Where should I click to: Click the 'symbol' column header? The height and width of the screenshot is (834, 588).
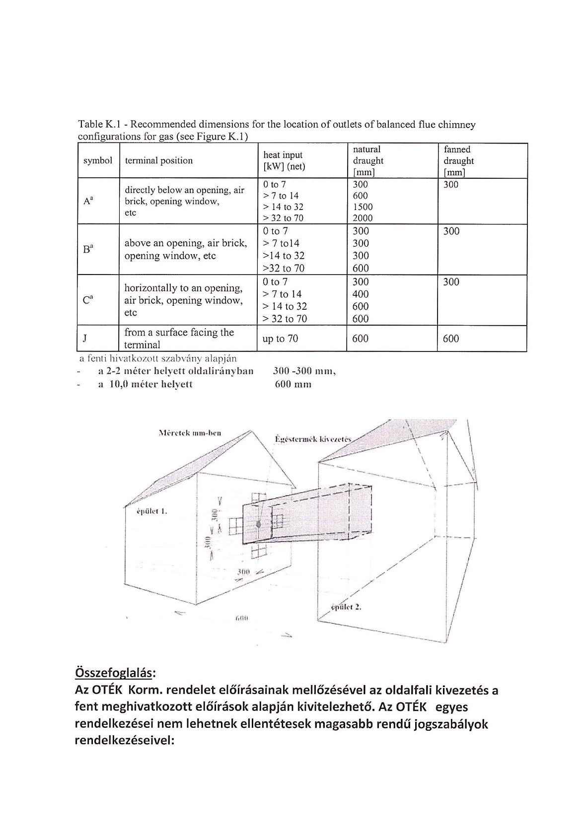point(98,160)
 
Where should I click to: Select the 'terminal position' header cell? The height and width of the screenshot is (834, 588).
point(158,160)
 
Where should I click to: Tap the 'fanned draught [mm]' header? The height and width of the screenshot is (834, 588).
point(458,161)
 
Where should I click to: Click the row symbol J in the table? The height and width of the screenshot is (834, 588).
point(85,339)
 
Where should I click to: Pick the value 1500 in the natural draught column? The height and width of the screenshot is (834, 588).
point(363,207)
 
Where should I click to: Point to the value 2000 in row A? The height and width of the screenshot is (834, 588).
point(363,218)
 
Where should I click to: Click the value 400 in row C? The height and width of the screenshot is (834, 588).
point(361,294)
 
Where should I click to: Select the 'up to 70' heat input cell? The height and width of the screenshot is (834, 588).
point(280,339)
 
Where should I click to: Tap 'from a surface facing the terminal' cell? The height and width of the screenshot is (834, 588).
point(179,338)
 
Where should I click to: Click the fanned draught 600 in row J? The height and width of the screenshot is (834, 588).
point(451,339)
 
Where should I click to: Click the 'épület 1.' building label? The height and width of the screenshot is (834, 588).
point(151,511)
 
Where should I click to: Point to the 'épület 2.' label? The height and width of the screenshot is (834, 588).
point(346,607)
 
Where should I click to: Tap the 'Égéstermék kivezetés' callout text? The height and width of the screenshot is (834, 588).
point(313,439)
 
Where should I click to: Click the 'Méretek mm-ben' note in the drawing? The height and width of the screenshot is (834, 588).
point(190,433)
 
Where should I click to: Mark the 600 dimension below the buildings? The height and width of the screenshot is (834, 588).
point(241,619)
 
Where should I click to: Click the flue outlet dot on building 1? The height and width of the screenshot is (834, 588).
point(258,524)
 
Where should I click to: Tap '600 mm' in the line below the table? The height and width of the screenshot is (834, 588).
point(293,384)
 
